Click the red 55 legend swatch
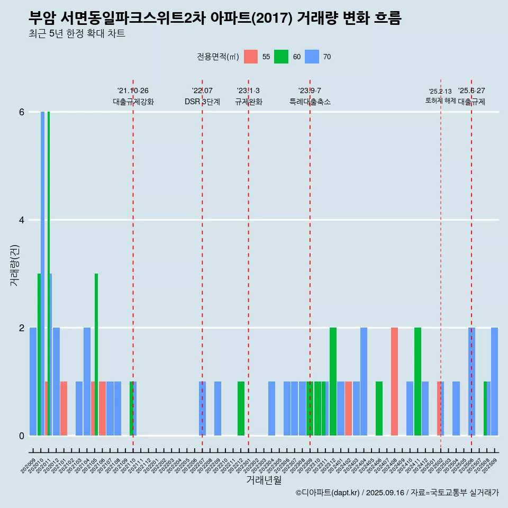tap(251, 57)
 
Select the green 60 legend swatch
tap(281, 57)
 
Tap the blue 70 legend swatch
tap(312, 57)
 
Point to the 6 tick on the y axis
tap(22, 112)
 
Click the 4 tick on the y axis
tap(22, 220)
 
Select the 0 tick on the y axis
tap(22, 436)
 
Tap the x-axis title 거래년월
tap(264, 480)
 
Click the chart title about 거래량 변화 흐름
tap(215, 19)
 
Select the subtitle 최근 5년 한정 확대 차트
tap(77, 34)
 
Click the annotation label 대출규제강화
tap(133, 102)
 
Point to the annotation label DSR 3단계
tap(202, 102)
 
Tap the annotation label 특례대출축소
tap(310, 102)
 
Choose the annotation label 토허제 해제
tap(440, 101)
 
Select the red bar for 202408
tap(394, 382)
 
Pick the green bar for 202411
tap(418, 382)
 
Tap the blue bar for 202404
tap(364, 382)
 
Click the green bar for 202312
tap(333, 382)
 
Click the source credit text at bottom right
tap(397, 493)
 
